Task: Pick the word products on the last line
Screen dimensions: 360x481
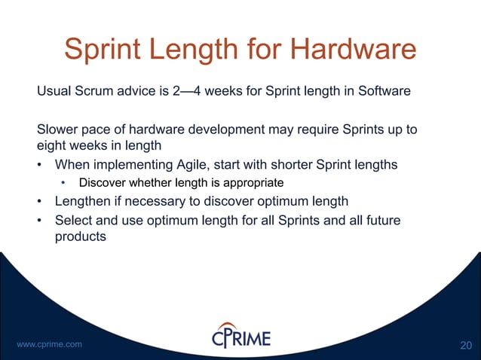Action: [x=80, y=236]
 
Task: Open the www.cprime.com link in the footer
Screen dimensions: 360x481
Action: [x=49, y=344]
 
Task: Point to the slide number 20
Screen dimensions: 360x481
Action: [x=466, y=345]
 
